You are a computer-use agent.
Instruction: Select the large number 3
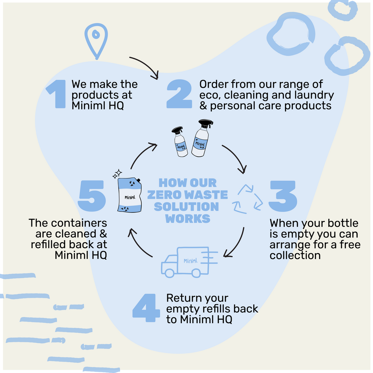tap(282, 195)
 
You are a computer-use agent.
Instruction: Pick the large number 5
tap(91, 195)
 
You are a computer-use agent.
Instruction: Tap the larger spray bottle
tap(202, 138)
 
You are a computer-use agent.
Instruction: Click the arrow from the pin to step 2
tap(145, 65)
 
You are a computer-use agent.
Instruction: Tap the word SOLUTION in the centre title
tap(186, 207)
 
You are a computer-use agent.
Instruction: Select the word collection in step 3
tap(295, 255)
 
